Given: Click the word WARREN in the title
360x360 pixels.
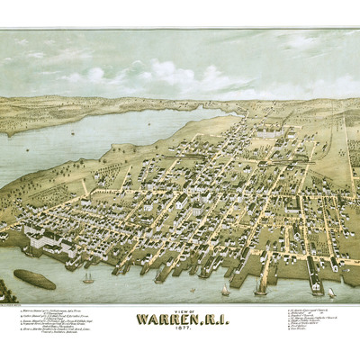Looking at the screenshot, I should tap(166, 318).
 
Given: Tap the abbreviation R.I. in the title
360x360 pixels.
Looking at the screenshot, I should tap(211, 318).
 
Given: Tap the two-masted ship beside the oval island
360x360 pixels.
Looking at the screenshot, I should tap(88, 276).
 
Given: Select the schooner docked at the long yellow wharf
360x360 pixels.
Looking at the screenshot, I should tap(261, 284).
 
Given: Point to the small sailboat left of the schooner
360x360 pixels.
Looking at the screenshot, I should tap(225, 289).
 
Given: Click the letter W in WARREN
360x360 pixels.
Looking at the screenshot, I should tap(143, 318).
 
